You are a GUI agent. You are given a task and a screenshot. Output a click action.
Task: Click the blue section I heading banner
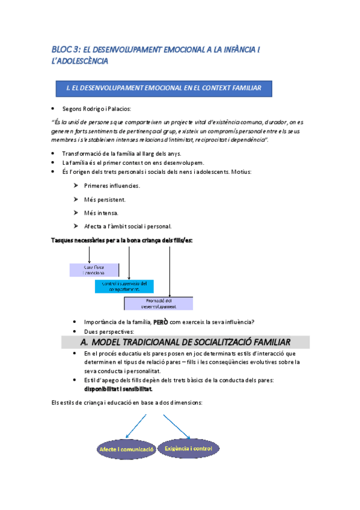[162, 88]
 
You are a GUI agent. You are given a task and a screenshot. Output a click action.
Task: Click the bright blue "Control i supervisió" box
[124, 286]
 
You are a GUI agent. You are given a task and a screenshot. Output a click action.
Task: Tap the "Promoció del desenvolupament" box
[159, 303]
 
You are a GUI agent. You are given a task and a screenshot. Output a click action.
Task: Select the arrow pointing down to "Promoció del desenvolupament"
[170, 271]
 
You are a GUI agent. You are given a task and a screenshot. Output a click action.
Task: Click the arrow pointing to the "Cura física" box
[90, 253]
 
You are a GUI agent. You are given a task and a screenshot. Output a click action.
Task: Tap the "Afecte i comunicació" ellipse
[126, 449]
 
